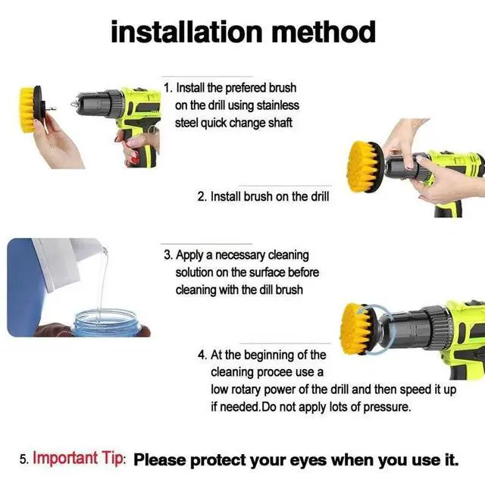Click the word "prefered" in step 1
[246, 88]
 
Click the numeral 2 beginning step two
[201, 196]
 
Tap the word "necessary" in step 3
[240, 255]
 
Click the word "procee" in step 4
[275, 372]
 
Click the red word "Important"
[65, 458]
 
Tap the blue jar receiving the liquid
[105, 324]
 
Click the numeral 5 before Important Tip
[23, 459]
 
